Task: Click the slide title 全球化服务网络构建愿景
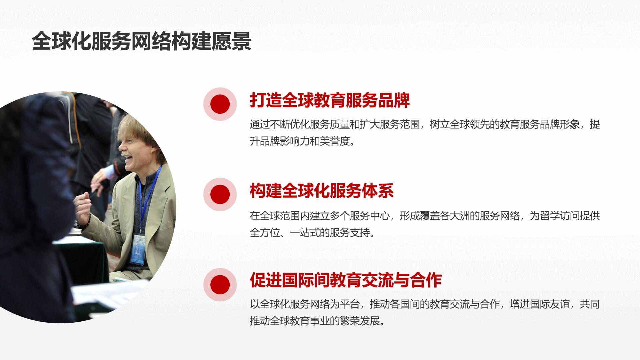click(x=142, y=41)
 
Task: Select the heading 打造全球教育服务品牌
click(x=330, y=100)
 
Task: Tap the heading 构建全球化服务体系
click(x=322, y=191)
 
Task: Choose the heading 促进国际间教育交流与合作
click(x=346, y=280)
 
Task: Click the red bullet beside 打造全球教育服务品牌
click(x=220, y=104)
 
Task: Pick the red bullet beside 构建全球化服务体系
click(x=220, y=194)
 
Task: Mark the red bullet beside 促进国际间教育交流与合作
click(x=220, y=285)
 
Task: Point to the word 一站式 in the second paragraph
click(x=305, y=232)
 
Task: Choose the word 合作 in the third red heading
click(x=426, y=280)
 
